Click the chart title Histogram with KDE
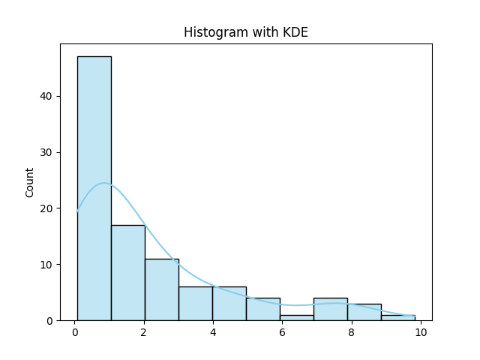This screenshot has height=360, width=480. pyautogui.click(x=245, y=32)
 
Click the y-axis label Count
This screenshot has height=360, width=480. pyautogui.click(x=30, y=182)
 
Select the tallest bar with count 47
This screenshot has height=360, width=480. pyautogui.click(x=94, y=188)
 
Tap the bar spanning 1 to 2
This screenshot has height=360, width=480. pyautogui.click(x=127, y=273)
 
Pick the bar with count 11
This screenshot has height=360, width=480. pyautogui.click(x=161, y=289)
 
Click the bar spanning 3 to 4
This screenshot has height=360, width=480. pyautogui.click(x=195, y=304)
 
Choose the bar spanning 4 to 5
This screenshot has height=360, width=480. pyautogui.click(x=229, y=304)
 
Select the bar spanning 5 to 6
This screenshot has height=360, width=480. pyautogui.click(x=262, y=309)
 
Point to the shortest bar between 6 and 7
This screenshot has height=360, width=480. pyautogui.click(x=296, y=317)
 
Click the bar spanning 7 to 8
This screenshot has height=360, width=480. pyautogui.click(x=330, y=309)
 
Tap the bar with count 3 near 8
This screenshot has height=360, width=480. pyautogui.click(x=364, y=312)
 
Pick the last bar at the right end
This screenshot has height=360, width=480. pyautogui.click(x=397, y=317)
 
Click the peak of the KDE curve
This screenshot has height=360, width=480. pyautogui.click(x=104, y=183)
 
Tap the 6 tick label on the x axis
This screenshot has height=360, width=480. pyautogui.click(x=282, y=332)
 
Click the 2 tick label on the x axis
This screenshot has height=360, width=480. pyautogui.click(x=144, y=332)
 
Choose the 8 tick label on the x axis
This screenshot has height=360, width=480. pyautogui.click(x=351, y=332)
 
